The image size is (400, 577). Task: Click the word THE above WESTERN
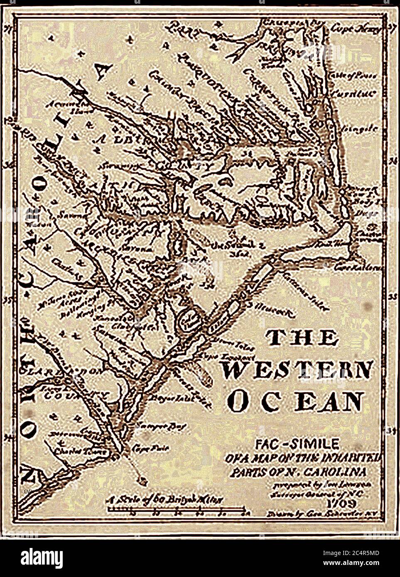click(302, 338)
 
